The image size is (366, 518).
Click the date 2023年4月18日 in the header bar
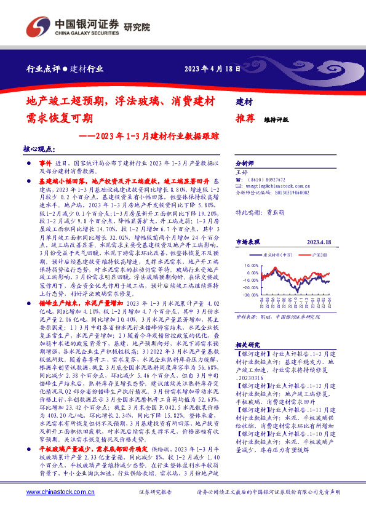click(212, 69)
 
